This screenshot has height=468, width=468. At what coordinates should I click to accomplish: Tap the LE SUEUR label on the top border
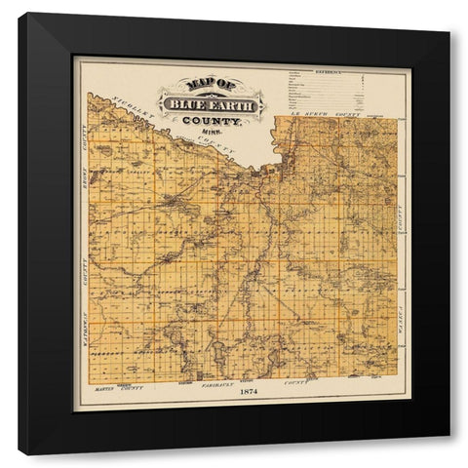point(310,116)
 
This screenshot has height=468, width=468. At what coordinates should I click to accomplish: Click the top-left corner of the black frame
point(20,15)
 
